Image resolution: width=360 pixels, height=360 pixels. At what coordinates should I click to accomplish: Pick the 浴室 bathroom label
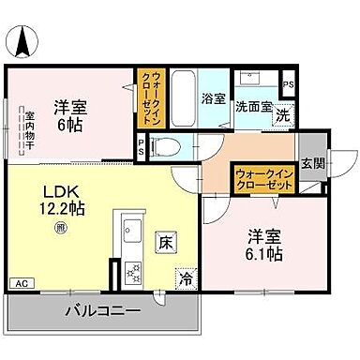click(x=213, y=97)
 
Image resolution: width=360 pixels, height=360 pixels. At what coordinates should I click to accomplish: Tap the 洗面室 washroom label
click(x=253, y=107)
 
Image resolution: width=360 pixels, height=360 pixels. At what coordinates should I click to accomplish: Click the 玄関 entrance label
click(x=314, y=165)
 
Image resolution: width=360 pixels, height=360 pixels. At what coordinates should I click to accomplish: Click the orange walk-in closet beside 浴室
click(x=149, y=97)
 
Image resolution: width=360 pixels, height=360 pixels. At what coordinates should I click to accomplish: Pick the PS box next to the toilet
click(x=142, y=147)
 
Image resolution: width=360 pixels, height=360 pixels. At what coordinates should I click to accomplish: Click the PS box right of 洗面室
click(x=289, y=84)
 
